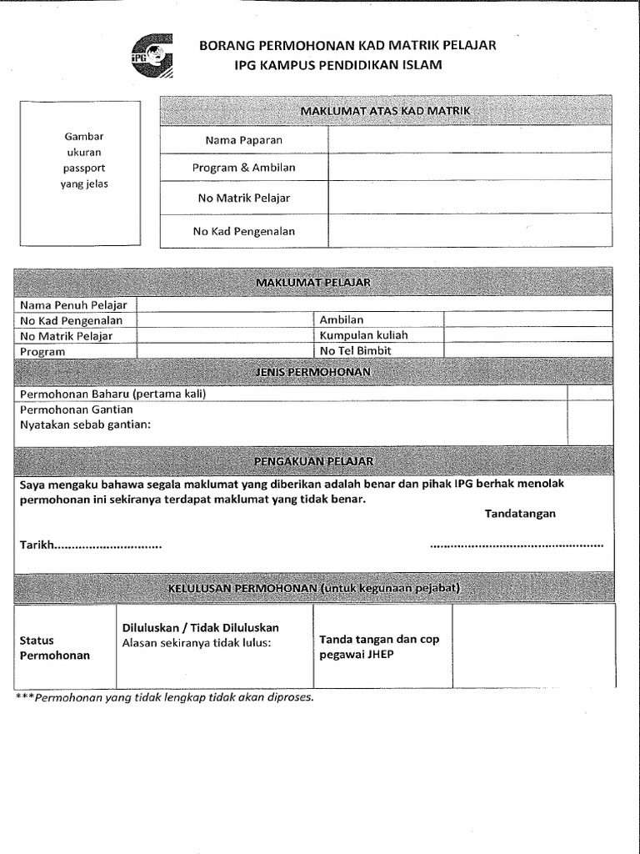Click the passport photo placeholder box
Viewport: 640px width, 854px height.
(x=80, y=173)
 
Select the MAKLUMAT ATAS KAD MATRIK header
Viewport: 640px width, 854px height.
(x=385, y=110)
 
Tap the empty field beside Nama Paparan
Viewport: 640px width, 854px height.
(x=469, y=140)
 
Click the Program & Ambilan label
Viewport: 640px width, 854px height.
(x=243, y=168)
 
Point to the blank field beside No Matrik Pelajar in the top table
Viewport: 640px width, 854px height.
(x=469, y=198)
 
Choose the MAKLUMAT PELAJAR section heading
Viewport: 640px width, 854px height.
(x=313, y=283)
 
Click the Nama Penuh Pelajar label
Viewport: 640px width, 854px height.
(x=73, y=305)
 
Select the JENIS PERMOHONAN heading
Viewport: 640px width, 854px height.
(x=313, y=372)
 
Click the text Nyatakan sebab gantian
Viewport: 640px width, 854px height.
(x=85, y=425)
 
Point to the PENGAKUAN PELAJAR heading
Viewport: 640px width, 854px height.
(x=313, y=461)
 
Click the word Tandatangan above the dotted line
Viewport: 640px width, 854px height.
(x=520, y=514)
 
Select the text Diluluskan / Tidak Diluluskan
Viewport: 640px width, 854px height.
(x=200, y=627)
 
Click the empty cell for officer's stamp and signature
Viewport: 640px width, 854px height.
(x=533, y=646)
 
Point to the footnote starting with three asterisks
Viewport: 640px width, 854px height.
(x=165, y=697)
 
